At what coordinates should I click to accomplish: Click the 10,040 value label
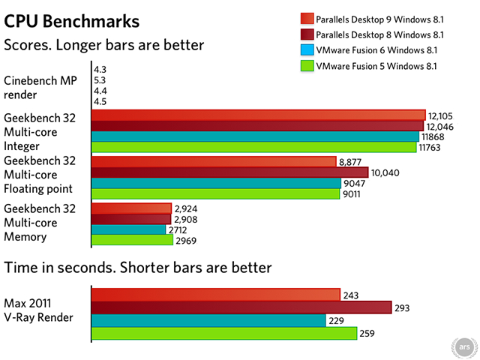click(x=386, y=172)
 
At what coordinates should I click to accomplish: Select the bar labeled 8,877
click(x=213, y=161)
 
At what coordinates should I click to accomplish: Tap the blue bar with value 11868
click(x=255, y=136)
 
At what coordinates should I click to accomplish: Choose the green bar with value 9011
click(x=215, y=193)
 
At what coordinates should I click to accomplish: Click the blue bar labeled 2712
click(x=128, y=229)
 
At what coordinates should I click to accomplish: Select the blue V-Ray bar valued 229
click(x=208, y=320)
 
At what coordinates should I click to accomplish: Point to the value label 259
click(x=368, y=333)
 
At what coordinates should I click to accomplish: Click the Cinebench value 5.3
click(x=100, y=80)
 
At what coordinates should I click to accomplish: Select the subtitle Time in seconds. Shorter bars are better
click(x=137, y=267)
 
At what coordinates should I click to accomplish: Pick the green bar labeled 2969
click(x=132, y=240)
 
